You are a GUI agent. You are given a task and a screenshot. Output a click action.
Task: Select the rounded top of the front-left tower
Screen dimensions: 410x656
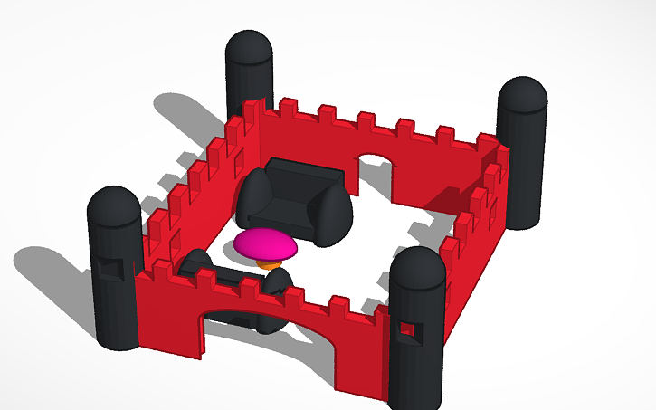coord(113,205)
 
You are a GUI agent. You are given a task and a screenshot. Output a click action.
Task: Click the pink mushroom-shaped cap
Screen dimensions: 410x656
coord(265,243)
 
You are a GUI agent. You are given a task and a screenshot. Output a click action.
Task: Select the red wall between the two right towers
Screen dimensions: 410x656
coord(475,258)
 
